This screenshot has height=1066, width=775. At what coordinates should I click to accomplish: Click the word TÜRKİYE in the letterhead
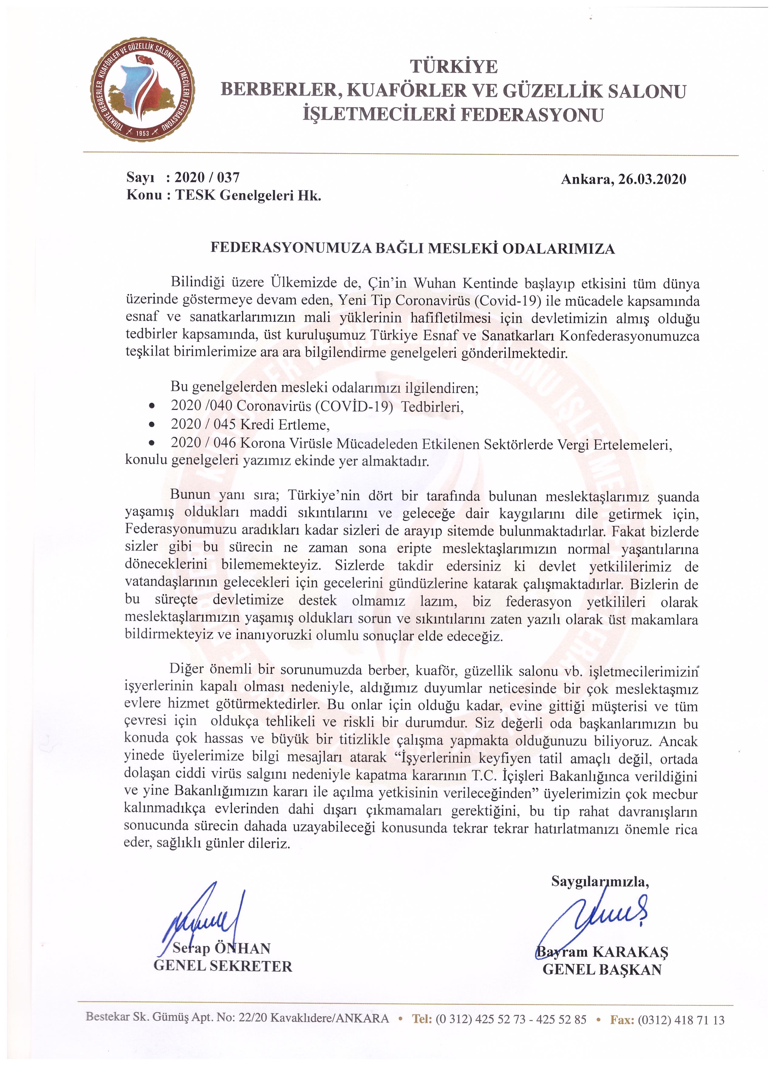[x=453, y=67]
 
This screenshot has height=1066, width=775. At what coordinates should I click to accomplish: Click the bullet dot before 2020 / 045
[x=151, y=425]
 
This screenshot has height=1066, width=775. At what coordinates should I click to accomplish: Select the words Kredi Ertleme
[x=284, y=425]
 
